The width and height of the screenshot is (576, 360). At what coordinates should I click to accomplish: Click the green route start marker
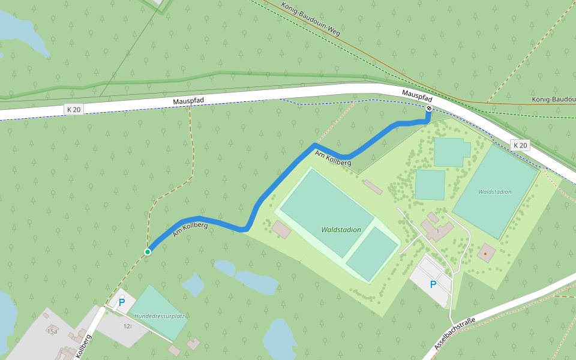pos(147,252)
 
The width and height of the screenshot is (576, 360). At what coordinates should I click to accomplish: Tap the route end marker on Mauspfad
pos(429,108)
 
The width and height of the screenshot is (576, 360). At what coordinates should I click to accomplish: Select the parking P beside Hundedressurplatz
pos(121,303)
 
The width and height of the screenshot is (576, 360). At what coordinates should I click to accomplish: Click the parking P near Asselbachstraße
pos(433,284)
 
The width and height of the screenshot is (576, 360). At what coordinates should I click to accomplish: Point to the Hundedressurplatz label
pos(159,316)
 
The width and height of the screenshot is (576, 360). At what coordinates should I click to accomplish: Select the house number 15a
pos(52,331)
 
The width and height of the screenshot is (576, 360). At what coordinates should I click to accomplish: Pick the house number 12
pos(127,326)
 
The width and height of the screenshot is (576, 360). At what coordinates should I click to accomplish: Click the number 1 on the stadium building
pos(438,230)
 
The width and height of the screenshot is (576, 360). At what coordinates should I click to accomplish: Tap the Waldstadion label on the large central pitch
pos(341,230)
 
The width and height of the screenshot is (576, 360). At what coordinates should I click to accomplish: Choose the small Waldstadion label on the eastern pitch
pos(494,192)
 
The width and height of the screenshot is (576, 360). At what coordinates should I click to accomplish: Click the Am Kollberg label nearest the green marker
pos(190,229)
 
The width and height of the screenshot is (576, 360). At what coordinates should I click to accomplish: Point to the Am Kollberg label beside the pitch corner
pos(333,158)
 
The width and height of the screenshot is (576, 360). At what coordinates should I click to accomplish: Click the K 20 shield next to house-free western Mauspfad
pos(74,109)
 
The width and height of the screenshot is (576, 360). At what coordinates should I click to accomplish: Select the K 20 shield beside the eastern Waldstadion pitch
pos(520,145)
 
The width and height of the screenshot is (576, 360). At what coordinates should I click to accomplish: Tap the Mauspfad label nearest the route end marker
pos(417,95)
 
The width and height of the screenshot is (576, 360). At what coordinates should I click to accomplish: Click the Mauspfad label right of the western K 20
pos(188,102)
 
